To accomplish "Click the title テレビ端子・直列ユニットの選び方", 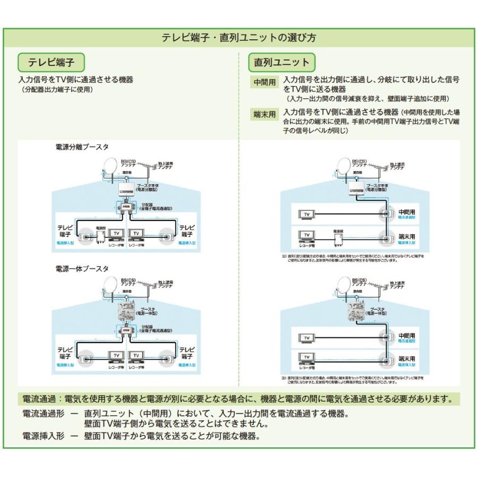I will (238, 38).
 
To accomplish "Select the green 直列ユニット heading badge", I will (281, 63).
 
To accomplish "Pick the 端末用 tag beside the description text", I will (264, 114).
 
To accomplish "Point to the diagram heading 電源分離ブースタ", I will (82, 147).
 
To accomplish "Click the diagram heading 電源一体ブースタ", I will (82, 269).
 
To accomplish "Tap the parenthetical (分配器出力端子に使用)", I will (55, 90).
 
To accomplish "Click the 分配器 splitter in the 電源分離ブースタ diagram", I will (126, 208).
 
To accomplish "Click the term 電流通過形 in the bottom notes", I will (43, 413).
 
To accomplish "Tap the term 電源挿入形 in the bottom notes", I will (43, 436).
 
